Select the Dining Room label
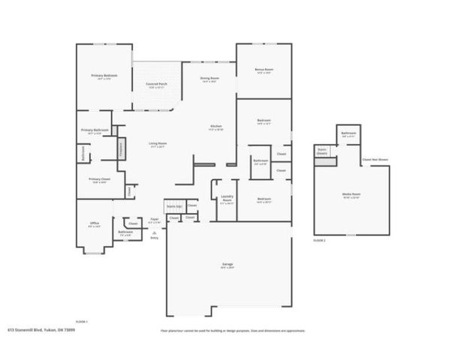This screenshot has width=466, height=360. pyautogui.click(x=209, y=78)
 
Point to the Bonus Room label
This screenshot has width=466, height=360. pyautogui.click(x=264, y=70)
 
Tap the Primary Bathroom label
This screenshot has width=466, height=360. pyautogui.click(x=95, y=130)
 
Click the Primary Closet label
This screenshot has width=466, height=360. pyautogui.click(x=100, y=179)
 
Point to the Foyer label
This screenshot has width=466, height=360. pyautogui.click(x=155, y=219)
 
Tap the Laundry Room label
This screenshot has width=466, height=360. pyautogui.click(x=226, y=199)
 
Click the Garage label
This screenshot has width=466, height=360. pyautogui.click(x=227, y=264)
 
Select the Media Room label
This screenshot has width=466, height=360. pyautogui.click(x=351, y=194)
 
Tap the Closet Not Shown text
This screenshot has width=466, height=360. pyautogui.click(x=374, y=159)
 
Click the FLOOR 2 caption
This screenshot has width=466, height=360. pyautogui.click(x=320, y=239)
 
